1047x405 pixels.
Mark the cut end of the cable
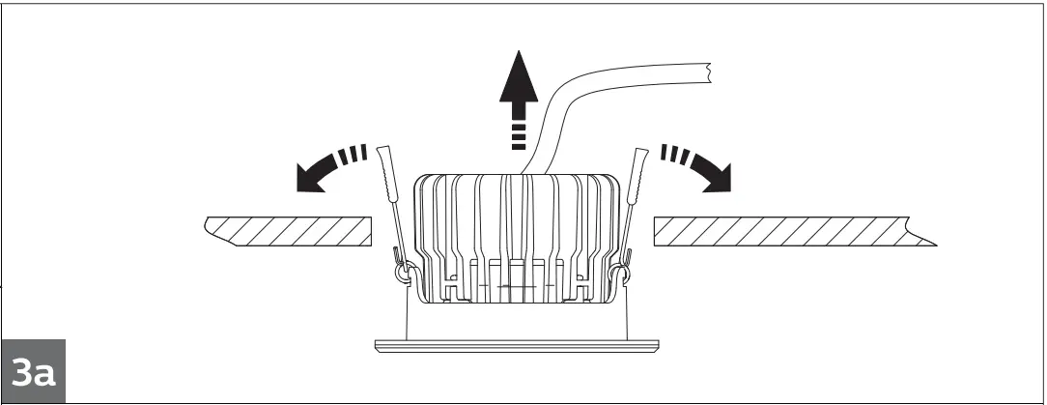pyautogui.click(x=709, y=72)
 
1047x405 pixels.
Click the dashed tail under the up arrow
pyautogui.click(x=519, y=135)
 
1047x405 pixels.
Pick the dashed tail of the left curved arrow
pyautogui.click(x=356, y=153)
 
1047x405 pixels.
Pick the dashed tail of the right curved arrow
pyautogui.click(x=671, y=153)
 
